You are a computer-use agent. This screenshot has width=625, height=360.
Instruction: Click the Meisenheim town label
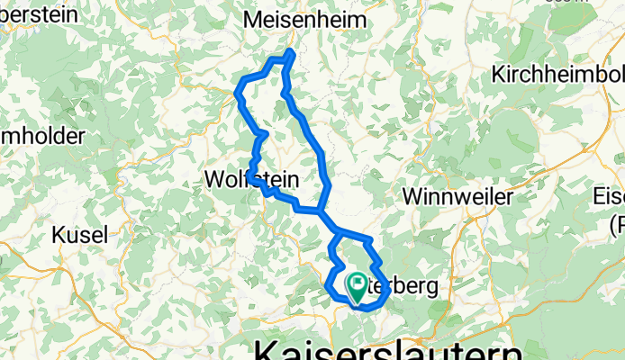[305, 20]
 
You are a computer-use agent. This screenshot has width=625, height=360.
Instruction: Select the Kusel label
[80, 234]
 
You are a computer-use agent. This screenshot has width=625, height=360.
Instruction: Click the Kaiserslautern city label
[387, 349]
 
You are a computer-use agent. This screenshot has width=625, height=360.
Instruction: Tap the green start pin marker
[357, 286]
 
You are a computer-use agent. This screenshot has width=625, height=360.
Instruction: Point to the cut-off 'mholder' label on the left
[42, 137]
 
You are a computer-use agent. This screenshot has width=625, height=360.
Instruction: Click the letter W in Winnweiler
[413, 195]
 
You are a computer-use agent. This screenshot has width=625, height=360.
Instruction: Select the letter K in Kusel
[60, 234]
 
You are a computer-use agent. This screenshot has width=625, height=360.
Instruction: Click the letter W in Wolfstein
[215, 179]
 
